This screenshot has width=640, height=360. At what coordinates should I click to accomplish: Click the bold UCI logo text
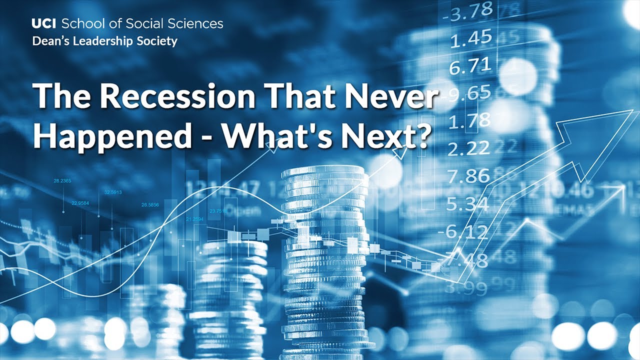point(44,23)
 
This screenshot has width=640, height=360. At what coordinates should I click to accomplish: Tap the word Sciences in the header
point(197,23)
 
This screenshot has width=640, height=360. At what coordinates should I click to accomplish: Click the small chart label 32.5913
point(113,192)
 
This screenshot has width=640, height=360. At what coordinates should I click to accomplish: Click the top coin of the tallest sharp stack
point(322,171)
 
